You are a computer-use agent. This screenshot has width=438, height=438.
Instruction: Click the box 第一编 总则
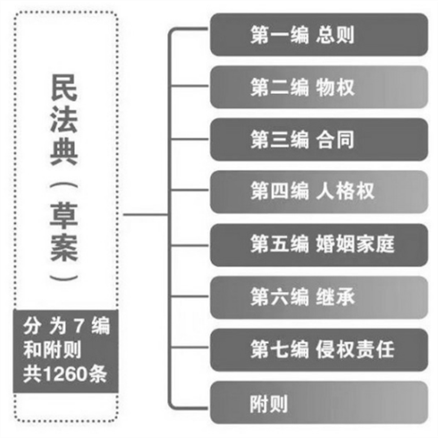[x=319, y=35]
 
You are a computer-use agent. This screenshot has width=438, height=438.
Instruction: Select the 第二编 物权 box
[x=319, y=87]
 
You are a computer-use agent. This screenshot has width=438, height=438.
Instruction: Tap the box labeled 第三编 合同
[x=319, y=139]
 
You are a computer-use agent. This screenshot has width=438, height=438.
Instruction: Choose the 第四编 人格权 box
[x=319, y=192]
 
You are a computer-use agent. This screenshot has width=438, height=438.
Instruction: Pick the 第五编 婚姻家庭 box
[x=319, y=245]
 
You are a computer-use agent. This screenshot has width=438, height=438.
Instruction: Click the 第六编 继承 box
[x=319, y=297]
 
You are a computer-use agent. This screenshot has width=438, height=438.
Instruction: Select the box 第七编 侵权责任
[x=319, y=350]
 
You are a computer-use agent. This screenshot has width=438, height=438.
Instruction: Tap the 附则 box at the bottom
[x=319, y=402]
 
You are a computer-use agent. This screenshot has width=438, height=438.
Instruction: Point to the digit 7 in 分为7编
[x=79, y=325]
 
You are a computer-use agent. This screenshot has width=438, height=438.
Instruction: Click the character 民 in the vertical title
[x=64, y=88]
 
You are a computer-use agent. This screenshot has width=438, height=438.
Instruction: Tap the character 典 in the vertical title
[x=64, y=152]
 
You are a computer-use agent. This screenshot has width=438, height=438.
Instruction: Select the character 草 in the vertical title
[x=64, y=215]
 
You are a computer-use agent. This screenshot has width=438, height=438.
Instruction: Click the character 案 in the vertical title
[x=64, y=248]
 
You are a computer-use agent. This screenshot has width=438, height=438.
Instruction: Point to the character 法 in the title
[x=64, y=120]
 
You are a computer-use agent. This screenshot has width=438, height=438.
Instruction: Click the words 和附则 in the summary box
[x=53, y=350]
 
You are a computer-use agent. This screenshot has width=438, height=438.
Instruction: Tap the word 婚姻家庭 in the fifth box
[x=355, y=244]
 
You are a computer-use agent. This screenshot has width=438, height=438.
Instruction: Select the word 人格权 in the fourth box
[x=345, y=191]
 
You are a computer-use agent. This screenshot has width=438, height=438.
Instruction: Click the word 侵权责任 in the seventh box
[x=355, y=350]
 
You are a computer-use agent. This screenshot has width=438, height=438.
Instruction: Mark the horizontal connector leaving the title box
[x=146, y=215]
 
